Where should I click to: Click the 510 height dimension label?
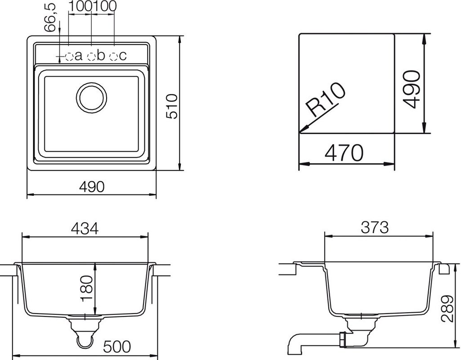coord(172,106)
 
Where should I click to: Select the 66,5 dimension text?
coord(50,18)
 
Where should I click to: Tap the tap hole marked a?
coord(69,56)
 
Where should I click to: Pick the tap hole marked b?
coord(92,56)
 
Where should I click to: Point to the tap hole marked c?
coord(113,56)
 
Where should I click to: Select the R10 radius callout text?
coord(326,100)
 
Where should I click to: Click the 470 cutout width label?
coord(344,153)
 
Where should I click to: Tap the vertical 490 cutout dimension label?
coord(411,90)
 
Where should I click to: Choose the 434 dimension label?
coord(85,228)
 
